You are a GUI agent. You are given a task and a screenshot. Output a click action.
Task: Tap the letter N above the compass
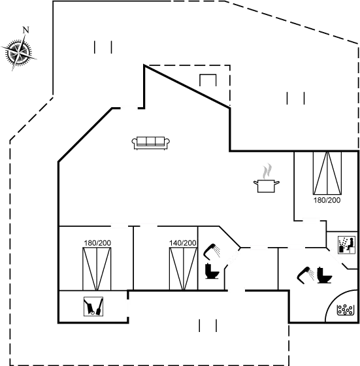coord(25,29)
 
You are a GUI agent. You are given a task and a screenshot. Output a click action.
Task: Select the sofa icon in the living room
coord(151,142)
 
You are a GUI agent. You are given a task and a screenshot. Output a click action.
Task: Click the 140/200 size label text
coord(182,243)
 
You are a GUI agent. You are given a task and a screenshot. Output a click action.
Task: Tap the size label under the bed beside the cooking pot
coord(326,200)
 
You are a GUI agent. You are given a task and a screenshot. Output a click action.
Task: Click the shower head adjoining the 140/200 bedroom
coord(212,250)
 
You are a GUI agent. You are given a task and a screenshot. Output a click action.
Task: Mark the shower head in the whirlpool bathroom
coord(304,276)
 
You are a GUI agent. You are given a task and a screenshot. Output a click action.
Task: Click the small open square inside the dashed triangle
coord(208,82)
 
